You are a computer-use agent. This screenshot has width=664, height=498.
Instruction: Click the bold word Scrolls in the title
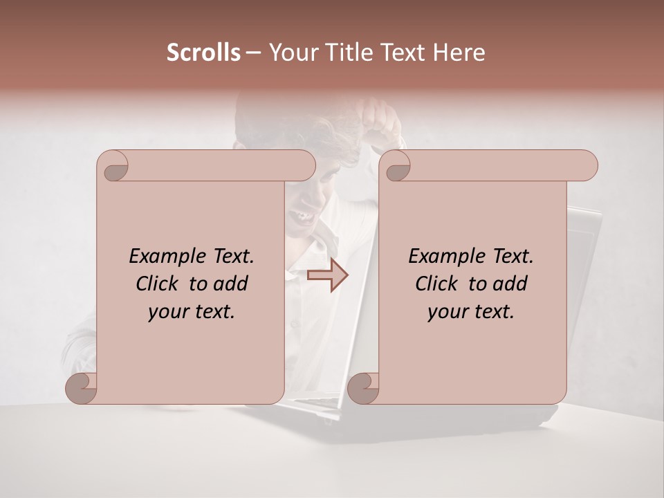coord(203,53)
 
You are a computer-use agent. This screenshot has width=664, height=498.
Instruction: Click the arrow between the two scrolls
coord(328,275)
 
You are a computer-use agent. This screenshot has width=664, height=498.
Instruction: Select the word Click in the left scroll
coord(158,284)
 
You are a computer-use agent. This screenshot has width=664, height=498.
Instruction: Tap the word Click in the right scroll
coord(438,284)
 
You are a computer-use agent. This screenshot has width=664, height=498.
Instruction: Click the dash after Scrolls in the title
coord(253,53)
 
